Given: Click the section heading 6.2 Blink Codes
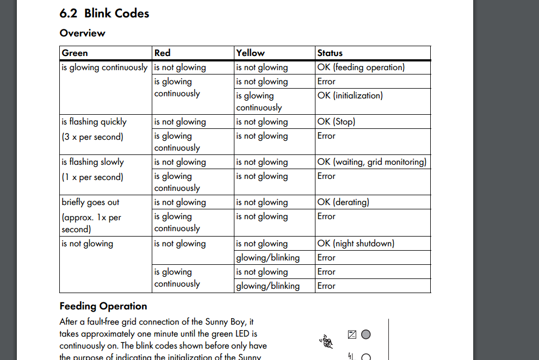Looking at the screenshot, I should [104, 14].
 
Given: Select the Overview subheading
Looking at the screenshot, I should [82, 33].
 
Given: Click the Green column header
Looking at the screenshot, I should [75, 53].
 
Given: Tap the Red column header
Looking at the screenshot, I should [162, 53].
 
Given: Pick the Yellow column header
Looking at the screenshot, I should [250, 53].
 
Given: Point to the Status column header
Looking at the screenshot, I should [330, 53].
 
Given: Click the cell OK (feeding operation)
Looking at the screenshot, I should [361, 67].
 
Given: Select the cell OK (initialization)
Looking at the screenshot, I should [350, 96].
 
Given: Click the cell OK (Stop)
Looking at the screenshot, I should [336, 122].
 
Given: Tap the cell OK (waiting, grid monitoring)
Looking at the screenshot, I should [372, 162].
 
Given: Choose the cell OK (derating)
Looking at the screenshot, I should [343, 202].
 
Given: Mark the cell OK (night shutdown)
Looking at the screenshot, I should [356, 244].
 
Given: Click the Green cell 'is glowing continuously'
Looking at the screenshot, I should [104, 67].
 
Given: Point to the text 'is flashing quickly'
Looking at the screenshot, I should [94, 122].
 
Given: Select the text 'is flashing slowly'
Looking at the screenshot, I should [93, 162].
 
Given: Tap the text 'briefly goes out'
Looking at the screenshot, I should [90, 202].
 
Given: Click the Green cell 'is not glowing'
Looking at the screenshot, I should [88, 244].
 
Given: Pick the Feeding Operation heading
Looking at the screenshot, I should [103, 306].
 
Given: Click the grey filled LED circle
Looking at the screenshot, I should [366, 334].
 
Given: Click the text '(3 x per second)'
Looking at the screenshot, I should [92, 137].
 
